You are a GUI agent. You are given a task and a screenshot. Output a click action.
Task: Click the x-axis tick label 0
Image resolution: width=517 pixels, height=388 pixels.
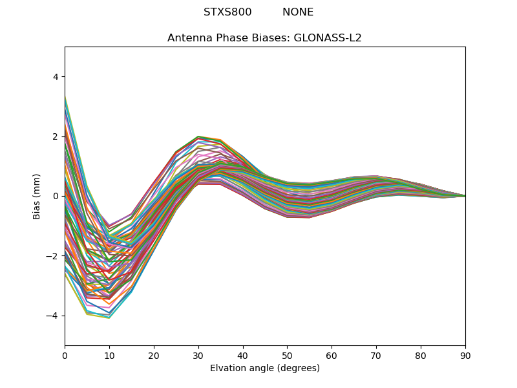(65, 355)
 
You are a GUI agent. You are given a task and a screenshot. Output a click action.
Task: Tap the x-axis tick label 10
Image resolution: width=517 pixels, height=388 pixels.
(109, 355)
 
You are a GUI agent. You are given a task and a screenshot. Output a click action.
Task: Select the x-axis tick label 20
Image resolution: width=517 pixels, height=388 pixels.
(154, 355)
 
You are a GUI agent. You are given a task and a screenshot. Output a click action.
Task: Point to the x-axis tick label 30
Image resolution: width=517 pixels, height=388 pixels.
(198, 355)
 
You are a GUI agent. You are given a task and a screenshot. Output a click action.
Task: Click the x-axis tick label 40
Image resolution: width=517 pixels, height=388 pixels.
(243, 355)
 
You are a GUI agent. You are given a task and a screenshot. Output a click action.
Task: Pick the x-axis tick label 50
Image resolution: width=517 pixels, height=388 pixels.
(287, 355)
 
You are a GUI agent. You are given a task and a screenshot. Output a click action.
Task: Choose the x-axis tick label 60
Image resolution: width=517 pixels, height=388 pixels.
(332, 355)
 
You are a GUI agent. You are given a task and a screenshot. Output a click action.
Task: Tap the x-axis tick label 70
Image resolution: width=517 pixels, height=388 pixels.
(376, 355)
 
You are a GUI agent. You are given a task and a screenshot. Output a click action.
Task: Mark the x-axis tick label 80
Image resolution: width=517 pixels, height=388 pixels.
(421, 355)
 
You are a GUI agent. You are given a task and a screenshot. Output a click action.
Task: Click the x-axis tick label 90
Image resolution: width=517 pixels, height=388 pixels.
(465, 355)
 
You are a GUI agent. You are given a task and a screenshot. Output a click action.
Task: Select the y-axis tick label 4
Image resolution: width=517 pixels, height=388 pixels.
(56, 77)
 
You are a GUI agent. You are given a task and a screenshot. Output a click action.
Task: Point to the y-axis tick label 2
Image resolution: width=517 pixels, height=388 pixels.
(56, 136)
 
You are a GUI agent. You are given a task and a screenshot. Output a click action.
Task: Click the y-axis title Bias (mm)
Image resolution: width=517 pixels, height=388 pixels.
(37, 196)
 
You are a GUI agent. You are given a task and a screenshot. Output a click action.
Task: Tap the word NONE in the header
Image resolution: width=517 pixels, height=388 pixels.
(298, 12)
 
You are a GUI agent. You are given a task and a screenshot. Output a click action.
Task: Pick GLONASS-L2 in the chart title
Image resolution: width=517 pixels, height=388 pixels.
(328, 38)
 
